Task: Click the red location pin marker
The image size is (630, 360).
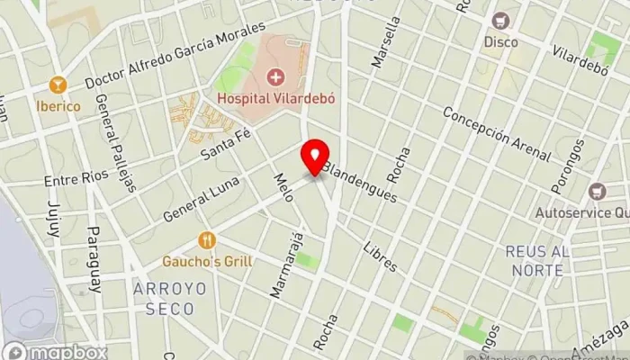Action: coord(315,157)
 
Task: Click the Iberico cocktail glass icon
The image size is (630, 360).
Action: coord(58,85)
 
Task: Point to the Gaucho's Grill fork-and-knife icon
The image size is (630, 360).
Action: coord(207,241)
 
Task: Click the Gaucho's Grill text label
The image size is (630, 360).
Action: coord(207,262)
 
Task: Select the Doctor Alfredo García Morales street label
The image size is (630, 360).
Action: coord(175,57)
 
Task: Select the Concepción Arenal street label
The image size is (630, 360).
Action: coord(496,135)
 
